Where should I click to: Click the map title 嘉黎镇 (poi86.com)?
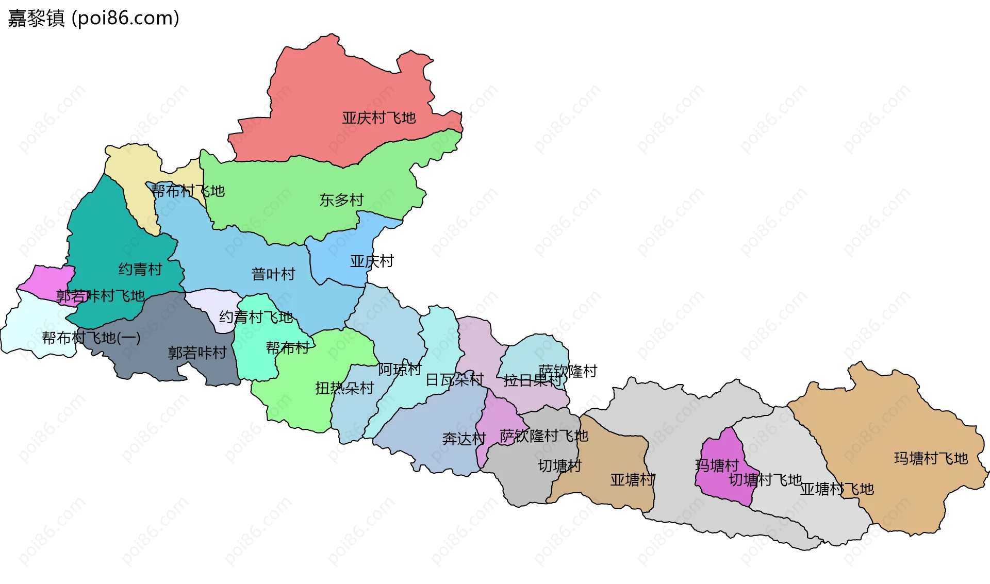(x=93, y=18)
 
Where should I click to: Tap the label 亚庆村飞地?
(x=378, y=118)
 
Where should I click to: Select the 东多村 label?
(x=341, y=200)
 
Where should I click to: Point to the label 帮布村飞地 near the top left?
(x=188, y=191)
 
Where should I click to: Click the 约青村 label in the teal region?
(x=140, y=269)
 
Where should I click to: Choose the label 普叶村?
(x=273, y=274)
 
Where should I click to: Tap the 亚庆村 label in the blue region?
(x=371, y=261)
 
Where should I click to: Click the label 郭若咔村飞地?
(x=100, y=296)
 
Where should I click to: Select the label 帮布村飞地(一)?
(x=91, y=338)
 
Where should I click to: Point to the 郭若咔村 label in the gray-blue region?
(x=197, y=353)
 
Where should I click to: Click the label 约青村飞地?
(x=256, y=317)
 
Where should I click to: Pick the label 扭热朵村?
(x=344, y=388)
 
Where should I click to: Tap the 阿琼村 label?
(x=400, y=369)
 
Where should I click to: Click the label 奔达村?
(x=464, y=439)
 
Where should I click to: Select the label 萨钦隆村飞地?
(x=543, y=436)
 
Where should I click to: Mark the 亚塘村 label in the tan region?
(x=632, y=480)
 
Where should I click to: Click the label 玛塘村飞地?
(x=931, y=458)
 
